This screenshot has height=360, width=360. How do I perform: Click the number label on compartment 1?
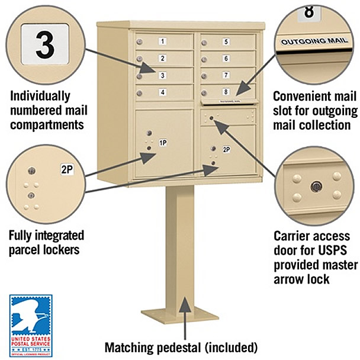(x=162, y=41)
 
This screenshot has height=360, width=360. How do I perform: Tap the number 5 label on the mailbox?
(x=226, y=41)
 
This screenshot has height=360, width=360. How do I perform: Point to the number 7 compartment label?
(x=226, y=75)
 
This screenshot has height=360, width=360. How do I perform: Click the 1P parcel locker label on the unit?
(x=163, y=143)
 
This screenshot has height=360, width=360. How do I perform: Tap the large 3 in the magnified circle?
(x=45, y=45)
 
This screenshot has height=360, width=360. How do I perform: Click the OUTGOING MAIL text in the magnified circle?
(x=310, y=42)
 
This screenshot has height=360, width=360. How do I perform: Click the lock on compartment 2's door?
(x=140, y=59)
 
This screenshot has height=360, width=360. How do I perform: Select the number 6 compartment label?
(x=226, y=58)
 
